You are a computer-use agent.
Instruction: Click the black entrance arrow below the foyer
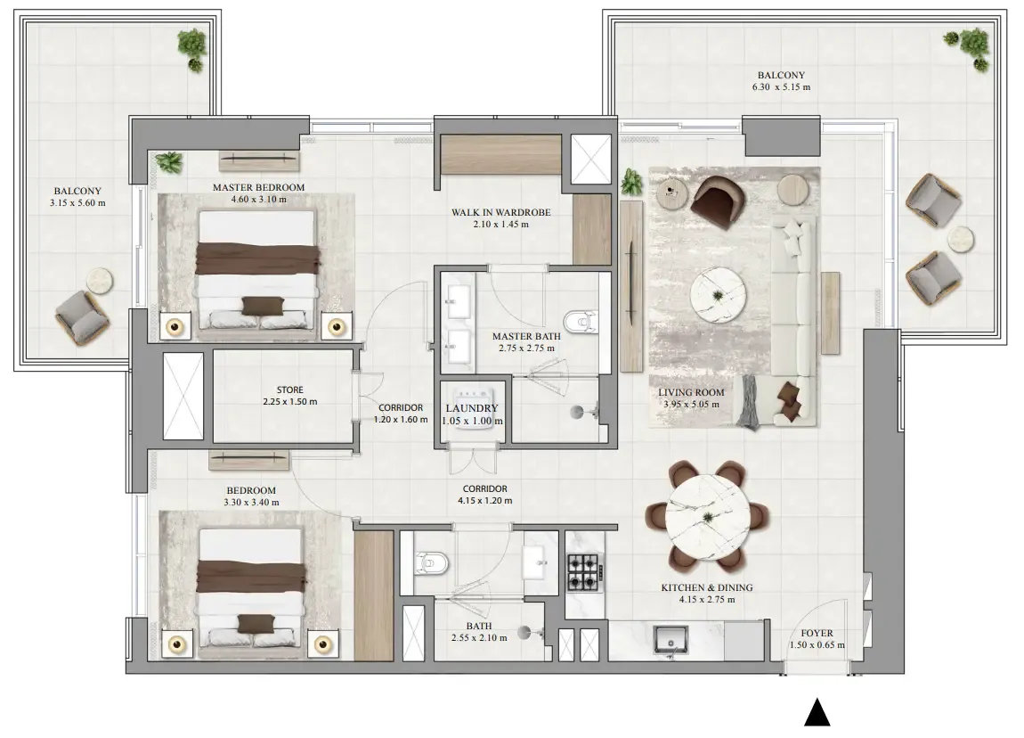tap(817, 712)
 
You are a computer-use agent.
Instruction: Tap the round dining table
tap(708, 516)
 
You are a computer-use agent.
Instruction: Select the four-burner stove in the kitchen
tap(583, 572)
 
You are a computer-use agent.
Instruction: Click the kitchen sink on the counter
tap(670, 639)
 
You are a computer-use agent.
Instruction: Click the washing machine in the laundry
tap(472, 408)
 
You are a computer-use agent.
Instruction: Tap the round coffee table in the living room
tap(718, 295)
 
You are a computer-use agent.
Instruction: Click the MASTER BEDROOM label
tap(258, 187)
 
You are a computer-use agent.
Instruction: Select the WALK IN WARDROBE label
tap(501, 212)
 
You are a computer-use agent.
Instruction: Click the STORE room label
tap(290, 389)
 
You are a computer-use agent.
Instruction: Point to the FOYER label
tap(817, 633)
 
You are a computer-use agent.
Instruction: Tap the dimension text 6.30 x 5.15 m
tap(781, 87)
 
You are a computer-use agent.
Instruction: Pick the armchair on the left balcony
tap(82, 317)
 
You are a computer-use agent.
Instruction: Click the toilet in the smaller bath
tap(431, 562)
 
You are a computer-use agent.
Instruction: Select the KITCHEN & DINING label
tap(707, 587)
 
